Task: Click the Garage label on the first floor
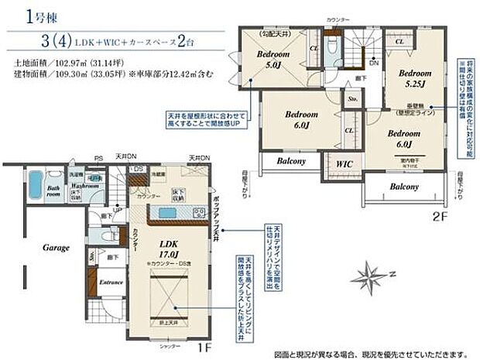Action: [x=56, y=248]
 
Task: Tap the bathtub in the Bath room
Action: [x=35, y=185]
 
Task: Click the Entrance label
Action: [x=111, y=282]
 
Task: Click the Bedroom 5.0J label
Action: [x=273, y=60]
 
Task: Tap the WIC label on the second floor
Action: [x=343, y=164]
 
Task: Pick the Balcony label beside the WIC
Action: [x=286, y=161]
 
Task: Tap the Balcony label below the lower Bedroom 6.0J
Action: [x=403, y=187]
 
